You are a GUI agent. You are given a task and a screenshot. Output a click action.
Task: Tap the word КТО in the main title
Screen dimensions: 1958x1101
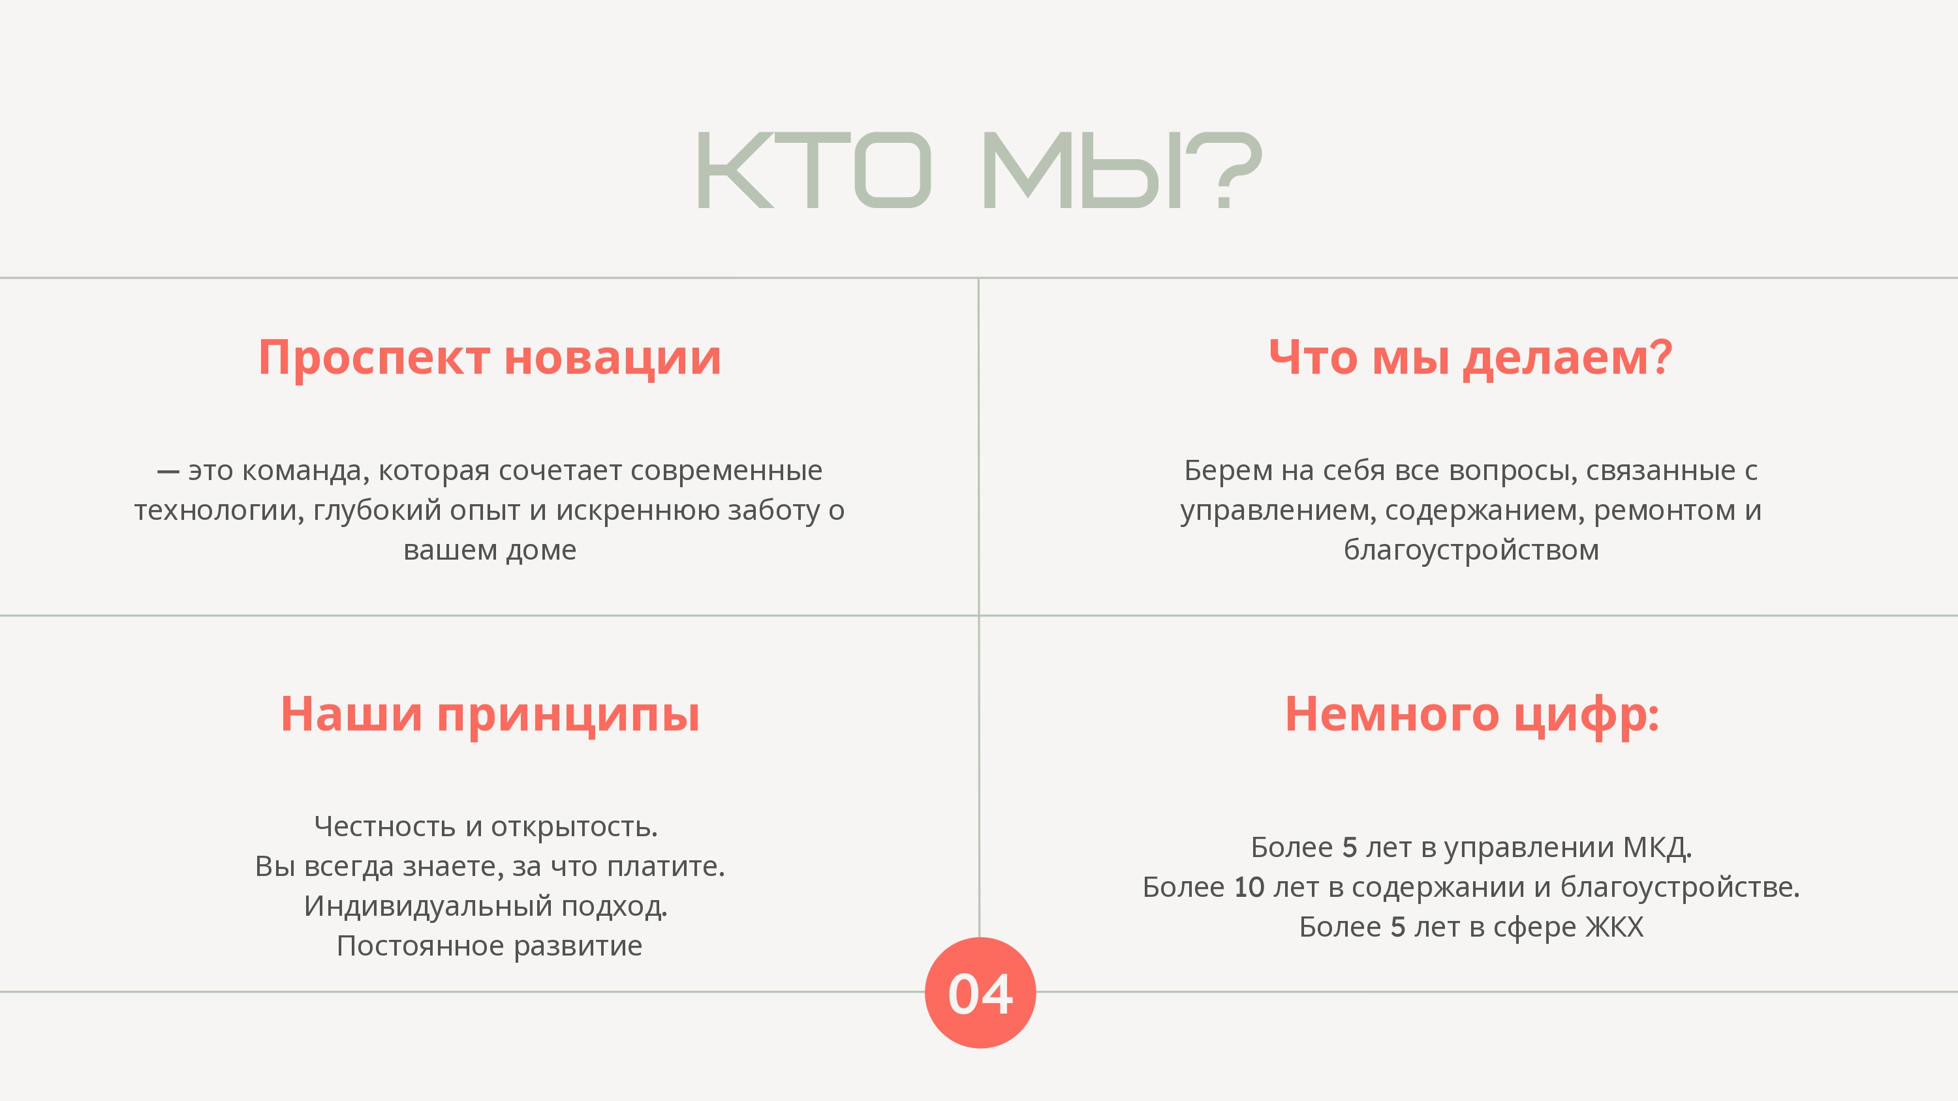click(x=814, y=169)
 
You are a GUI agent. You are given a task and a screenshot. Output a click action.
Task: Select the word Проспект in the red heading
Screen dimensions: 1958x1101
click(x=374, y=358)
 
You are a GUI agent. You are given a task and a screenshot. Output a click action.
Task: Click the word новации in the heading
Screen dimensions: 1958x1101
click(x=613, y=358)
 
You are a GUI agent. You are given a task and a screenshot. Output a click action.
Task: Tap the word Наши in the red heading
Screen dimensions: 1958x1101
click(x=351, y=714)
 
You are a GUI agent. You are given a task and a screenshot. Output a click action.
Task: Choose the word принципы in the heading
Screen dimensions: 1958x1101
click(x=568, y=716)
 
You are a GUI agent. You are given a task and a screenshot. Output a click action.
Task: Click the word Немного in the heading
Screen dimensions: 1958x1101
click(x=1391, y=714)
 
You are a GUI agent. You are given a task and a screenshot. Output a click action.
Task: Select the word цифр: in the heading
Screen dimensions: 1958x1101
click(x=1587, y=716)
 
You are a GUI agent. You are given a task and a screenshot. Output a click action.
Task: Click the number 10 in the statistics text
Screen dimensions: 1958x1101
click(x=1249, y=886)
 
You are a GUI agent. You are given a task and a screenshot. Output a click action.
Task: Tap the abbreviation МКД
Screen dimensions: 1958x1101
click(x=1657, y=847)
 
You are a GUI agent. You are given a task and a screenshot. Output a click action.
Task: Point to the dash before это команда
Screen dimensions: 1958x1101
click(x=168, y=472)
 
